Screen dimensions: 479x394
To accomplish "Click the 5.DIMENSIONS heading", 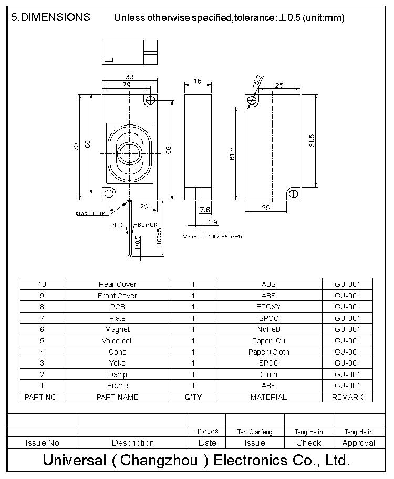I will pos(50,17).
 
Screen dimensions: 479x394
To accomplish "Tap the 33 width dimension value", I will pos(129,76).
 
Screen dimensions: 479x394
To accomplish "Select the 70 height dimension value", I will pos(76,147).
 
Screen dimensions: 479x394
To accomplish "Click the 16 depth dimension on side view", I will pos(198,81).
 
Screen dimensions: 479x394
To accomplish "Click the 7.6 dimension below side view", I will pos(205,210).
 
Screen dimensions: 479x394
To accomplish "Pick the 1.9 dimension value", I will pos(213,222).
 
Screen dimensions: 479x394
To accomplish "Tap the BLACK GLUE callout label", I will pos(90,214).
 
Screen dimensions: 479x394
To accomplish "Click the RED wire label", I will pos(116,225).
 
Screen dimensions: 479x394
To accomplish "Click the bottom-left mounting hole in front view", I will pos(109,194).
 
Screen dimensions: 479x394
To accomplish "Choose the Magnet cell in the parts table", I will pos(117,329).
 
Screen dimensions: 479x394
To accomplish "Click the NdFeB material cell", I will pos(268,329).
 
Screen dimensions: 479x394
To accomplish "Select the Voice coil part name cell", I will pos(117,341).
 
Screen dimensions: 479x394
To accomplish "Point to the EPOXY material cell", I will pos(268,307).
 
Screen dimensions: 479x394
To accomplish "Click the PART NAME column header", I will pos(117,397).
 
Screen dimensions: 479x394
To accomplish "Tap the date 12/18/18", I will pos(207,432).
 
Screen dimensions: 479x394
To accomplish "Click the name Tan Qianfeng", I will pos(255,432).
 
